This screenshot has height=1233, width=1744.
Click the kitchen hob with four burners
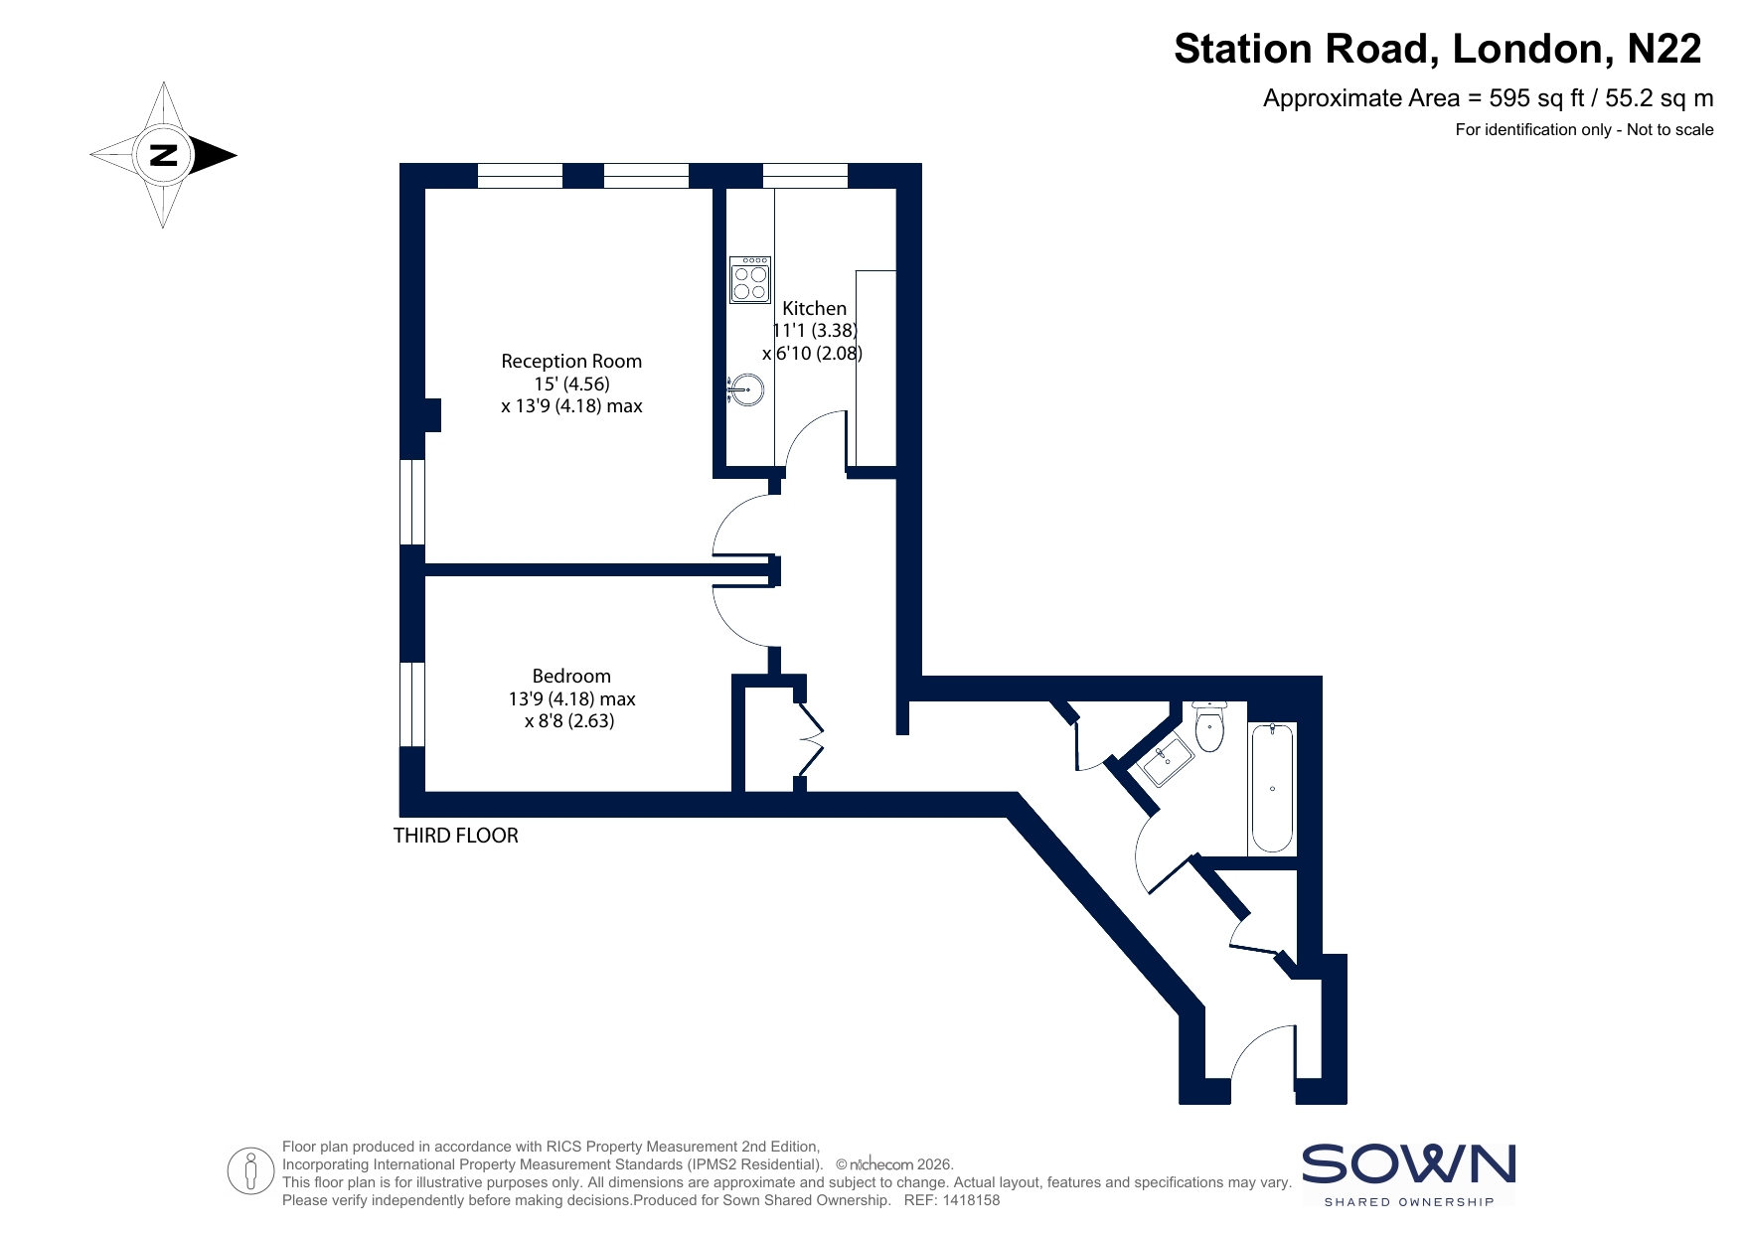click(750, 279)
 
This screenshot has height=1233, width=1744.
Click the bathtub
click(1272, 788)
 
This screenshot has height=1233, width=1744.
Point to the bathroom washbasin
click(1167, 761)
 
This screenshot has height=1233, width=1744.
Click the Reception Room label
click(571, 362)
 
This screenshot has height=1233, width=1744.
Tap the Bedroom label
click(571, 677)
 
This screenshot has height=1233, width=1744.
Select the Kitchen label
click(815, 309)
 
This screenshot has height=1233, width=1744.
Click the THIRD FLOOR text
click(456, 836)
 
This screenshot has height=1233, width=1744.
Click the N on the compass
click(163, 155)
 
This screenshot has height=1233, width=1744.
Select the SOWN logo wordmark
click(1409, 1164)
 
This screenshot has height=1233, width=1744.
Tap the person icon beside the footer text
click(250, 1170)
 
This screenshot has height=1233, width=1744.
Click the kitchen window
click(806, 176)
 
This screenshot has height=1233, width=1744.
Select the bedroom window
click(412, 703)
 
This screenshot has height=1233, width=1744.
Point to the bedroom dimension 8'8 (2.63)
click(569, 721)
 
